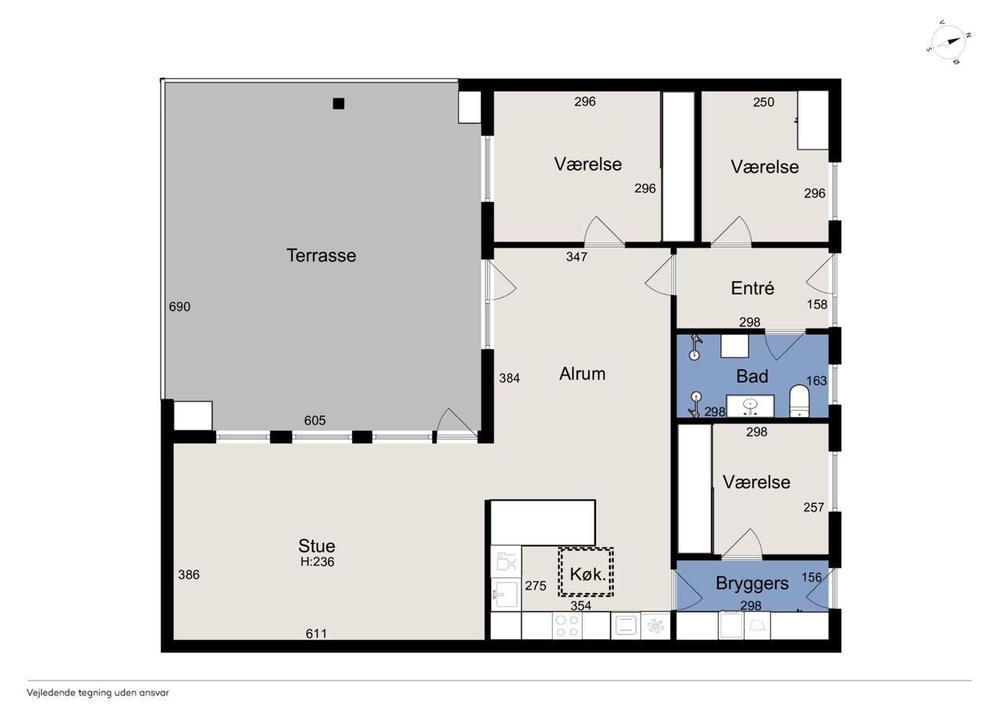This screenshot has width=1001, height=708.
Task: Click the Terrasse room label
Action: click(321, 256)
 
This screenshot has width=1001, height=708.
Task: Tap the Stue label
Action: click(317, 546)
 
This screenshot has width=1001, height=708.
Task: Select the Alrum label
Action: click(583, 374)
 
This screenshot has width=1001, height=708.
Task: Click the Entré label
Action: click(752, 288)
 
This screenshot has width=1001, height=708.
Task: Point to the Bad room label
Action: click(752, 376)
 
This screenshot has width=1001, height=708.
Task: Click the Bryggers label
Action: click(752, 584)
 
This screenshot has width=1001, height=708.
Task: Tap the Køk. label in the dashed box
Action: click(587, 574)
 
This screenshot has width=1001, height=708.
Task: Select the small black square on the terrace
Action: click(339, 104)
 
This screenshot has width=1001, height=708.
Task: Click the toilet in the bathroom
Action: click(799, 401)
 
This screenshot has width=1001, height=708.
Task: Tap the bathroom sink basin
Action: click(749, 406)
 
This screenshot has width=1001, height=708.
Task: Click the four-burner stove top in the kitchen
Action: click(567, 626)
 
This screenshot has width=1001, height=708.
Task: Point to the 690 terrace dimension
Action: click(180, 307)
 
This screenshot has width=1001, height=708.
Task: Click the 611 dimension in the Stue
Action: click(316, 634)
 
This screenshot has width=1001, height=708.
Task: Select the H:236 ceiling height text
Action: click(318, 562)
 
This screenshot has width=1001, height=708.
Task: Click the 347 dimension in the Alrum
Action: click(576, 257)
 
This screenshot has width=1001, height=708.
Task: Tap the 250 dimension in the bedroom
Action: click(763, 102)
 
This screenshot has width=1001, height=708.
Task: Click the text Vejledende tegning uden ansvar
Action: click(98, 693)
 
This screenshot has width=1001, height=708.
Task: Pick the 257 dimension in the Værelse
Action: click(813, 507)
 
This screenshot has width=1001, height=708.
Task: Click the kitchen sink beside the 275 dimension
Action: click(505, 595)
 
